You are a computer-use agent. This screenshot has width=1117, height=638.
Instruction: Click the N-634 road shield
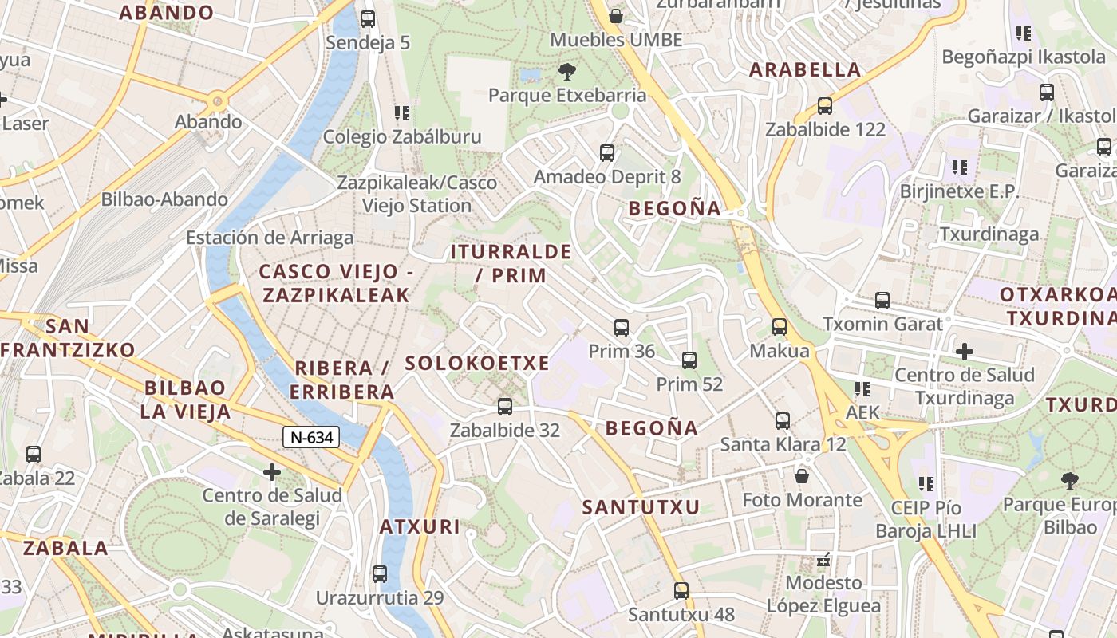pyautogui.click(x=311, y=437)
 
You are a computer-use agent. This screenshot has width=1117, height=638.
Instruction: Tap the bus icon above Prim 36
pyautogui.click(x=622, y=328)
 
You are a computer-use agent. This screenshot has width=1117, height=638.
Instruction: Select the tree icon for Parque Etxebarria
pyautogui.click(x=567, y=72)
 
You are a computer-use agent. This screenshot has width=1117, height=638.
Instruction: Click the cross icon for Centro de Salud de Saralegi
pyautogui.click(x=272, y=473)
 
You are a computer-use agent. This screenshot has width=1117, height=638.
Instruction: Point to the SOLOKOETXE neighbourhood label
pyautogui.click(x=477, y=364)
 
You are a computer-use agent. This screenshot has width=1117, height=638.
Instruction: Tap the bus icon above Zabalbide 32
pyautogui.click(x=505, y=407)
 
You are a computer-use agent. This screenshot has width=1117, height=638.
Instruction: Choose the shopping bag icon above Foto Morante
pyautogui.click(x=802, y=476)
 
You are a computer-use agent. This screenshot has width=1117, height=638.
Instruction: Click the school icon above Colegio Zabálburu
pyautogui.click(x=402, y=113)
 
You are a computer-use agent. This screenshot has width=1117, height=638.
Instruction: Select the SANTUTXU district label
pyautogui.click(x=641, y=507)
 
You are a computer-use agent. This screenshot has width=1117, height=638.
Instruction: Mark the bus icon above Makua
pyautogui.click(x=780, y=327)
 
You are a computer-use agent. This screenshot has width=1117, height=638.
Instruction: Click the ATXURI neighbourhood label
pyautogui.click(x=419, y=526)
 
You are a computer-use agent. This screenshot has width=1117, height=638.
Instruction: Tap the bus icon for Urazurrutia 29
pyautogui.click(x=380, y=574)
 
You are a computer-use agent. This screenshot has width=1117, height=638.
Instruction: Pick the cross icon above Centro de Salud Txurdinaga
pyautogui.click(x=965, y=351)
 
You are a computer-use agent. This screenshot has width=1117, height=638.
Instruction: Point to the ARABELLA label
pyautogui.click(x=805, y=69)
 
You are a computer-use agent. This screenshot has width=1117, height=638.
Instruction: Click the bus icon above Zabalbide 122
pyautogui.click(x=825, y=106)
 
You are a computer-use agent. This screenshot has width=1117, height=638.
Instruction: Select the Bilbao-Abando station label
pyautogui.click(x=164, y=199)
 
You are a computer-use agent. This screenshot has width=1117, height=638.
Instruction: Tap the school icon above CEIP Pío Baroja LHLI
pyautogui.click(x=926, y=483)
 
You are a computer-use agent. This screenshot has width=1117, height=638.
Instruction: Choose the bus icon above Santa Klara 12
pyautogui.click(x=783, y=420)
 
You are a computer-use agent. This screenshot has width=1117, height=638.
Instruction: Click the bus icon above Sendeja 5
pyautogui.click(x=368, y=19)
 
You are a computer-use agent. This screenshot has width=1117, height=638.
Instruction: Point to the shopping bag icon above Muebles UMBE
pyautogui.click(x=616, y=16)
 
